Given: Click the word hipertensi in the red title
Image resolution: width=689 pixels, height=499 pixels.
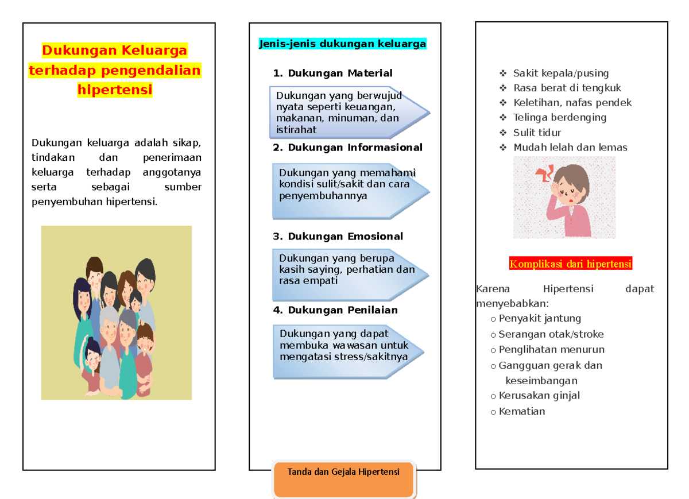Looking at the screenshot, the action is pos(115,90).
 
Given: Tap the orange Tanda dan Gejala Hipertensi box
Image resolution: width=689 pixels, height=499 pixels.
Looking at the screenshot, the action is pos(344,479).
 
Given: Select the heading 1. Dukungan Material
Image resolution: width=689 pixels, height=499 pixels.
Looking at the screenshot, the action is pos(333,73).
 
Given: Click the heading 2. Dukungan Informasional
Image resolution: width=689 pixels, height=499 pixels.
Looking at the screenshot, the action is pos(347,148).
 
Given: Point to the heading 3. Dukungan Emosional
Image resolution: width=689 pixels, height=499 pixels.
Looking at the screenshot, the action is pos(338,237).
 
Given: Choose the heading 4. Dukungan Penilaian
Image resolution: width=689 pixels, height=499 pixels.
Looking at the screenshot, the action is pos(335,310).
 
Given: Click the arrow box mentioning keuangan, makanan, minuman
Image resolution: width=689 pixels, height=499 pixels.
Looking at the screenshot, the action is pos(344,113).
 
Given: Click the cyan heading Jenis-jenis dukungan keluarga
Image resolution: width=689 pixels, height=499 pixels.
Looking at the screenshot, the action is pos(343,44).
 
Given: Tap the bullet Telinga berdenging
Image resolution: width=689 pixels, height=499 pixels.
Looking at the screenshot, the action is pos(560,117).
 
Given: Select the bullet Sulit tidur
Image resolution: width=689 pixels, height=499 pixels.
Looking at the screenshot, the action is pos(537,132).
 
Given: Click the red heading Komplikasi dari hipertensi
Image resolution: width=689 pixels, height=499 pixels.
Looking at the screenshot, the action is pos(571,264).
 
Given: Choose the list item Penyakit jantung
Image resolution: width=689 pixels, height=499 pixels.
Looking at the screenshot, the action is pos(540,318).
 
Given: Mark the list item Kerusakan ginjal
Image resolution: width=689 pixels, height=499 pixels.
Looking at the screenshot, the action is pos(539,396).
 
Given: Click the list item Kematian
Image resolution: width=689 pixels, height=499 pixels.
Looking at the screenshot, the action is pos(522,411).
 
